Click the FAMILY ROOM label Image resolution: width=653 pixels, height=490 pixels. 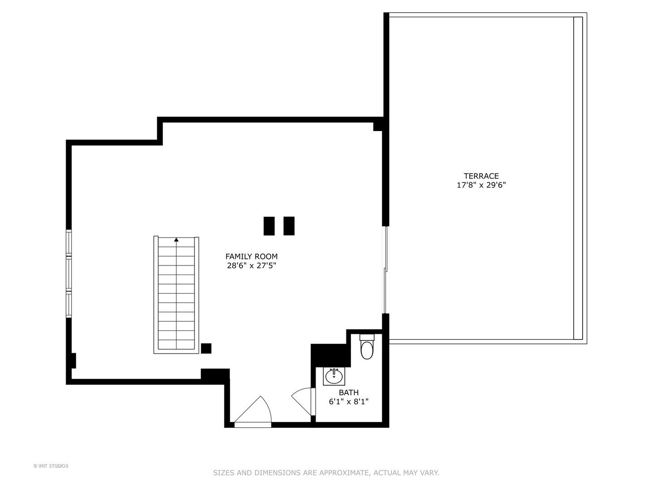tap(251, 256)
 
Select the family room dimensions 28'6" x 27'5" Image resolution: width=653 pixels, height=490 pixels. tap(251, 266)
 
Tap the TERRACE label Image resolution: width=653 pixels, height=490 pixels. tap(481, 176)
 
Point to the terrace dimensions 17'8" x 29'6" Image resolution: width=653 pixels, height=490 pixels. tap(481, 185)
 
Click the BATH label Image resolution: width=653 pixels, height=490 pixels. tap(348, 392)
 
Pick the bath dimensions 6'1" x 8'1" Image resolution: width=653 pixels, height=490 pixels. tap(348, 402)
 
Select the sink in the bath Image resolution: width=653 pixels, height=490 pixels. tap(334, 376)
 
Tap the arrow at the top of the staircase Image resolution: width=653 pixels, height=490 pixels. tap(176, 240)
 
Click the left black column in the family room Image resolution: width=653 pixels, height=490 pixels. tap(269, 226)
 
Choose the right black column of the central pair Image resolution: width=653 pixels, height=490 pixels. tap(289, 226)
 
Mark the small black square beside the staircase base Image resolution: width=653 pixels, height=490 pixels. tap(206, 348)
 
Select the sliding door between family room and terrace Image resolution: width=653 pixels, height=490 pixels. tap(385, 270)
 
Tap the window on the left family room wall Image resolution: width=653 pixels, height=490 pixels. tap(69, 274)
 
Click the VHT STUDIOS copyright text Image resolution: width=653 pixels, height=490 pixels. tap(51, 466)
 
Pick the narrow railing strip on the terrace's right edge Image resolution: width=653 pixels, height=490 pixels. tap(578, 178)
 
